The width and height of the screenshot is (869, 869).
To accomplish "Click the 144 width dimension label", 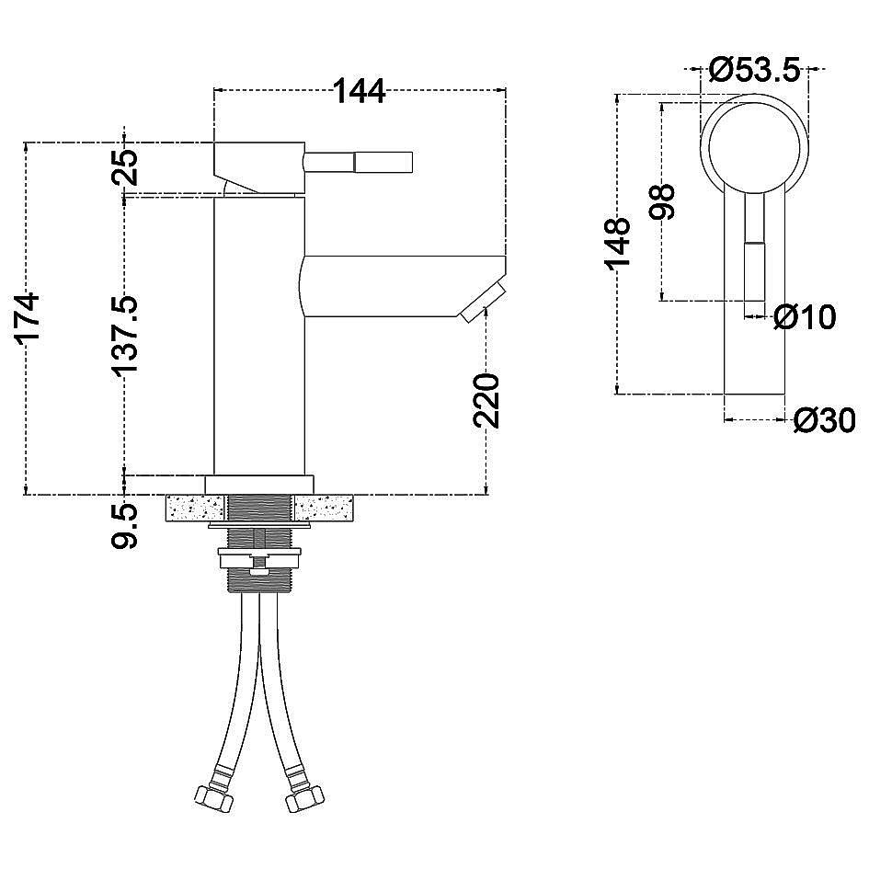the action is click(x=359, y=91).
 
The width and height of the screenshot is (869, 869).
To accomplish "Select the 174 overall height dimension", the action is click(x=28, y=318).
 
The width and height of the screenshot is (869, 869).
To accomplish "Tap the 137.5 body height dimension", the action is click(x=124, y=336).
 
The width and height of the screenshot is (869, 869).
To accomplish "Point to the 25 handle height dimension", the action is click(x=125, y=166).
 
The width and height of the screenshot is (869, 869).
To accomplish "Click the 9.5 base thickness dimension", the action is click(x=124, y=525).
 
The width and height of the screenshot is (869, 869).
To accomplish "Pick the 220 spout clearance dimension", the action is click(x=486, y=401).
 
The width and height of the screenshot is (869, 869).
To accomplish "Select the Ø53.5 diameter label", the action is click(x=755, y=70).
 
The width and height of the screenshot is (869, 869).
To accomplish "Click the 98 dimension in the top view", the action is click(x=662, y=201).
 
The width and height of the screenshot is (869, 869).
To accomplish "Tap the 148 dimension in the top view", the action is click(x=618, y=244).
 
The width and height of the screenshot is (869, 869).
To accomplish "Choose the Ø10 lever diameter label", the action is click(x=805, y=317).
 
